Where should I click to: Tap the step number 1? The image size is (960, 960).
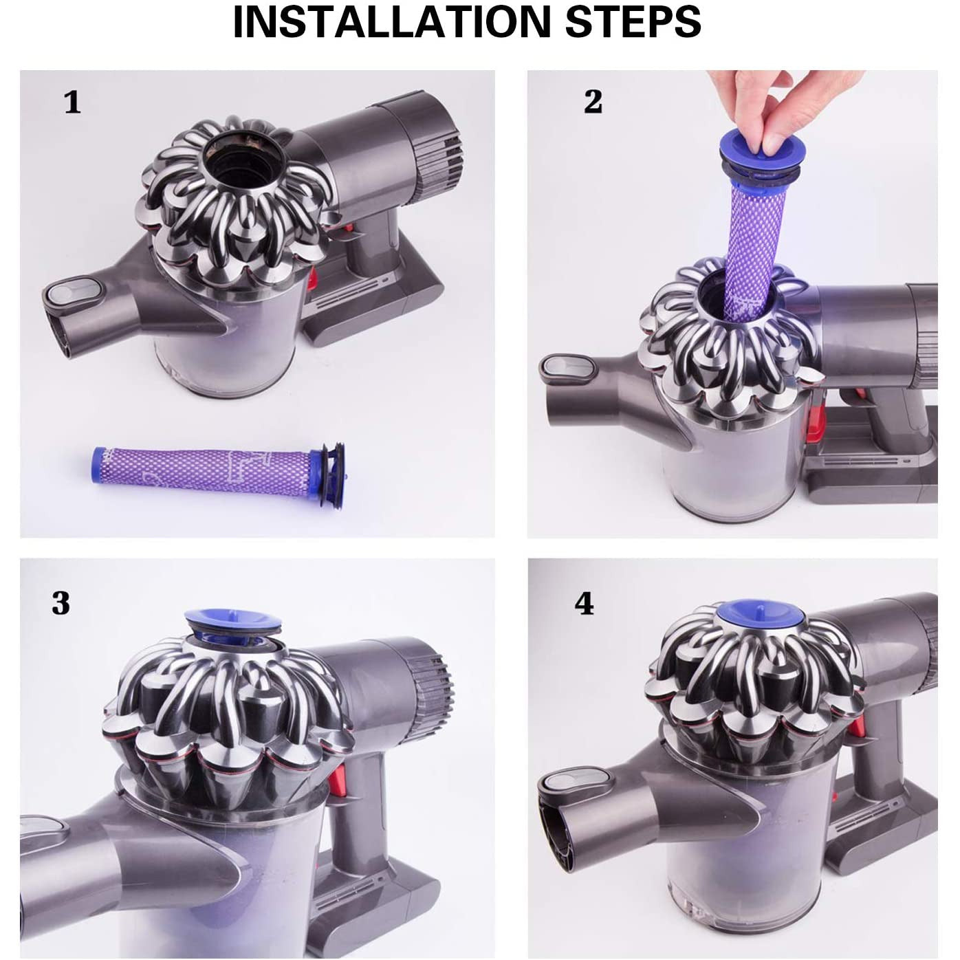72,103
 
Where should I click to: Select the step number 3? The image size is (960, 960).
61,603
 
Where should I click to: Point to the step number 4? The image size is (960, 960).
584,604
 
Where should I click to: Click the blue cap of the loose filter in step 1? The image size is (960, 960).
329,461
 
